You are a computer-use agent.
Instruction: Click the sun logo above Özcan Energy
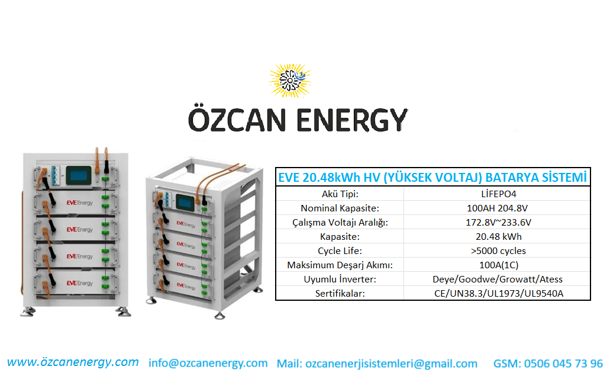click(291, 81)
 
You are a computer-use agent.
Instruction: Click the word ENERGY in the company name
click(352, 120)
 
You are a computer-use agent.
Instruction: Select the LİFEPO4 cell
click(498, 194)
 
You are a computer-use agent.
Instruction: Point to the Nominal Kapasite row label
click(340, 208)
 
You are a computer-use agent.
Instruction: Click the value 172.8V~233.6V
click(498, 222)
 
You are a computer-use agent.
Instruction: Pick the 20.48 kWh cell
click(498, 237)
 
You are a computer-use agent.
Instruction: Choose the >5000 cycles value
click(498, 250)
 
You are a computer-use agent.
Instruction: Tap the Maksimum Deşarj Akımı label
click(340, 265)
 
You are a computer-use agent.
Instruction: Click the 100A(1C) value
click(499, 265)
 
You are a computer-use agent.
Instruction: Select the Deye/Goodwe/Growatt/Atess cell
click(498, 279)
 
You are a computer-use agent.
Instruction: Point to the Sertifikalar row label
click(340, 294)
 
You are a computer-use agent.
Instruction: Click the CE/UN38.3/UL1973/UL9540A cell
click(499, 294)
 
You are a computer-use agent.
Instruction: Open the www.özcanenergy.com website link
click(73, 362)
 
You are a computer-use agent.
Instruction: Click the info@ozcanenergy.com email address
click(208, 363)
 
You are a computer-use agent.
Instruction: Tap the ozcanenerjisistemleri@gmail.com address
click(391, 364)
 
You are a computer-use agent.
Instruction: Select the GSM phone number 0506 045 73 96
click(563, 364)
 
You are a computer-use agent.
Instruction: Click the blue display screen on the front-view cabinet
click(79, 175)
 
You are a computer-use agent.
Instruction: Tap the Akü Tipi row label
click(340, 194)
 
